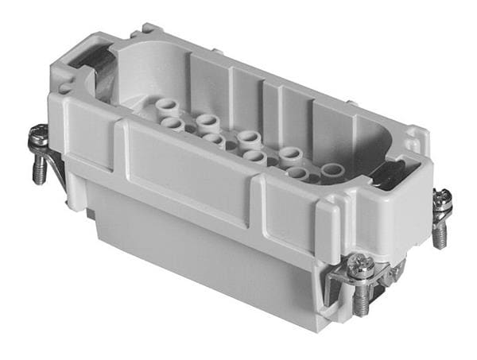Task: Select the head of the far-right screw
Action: [x=441, y=199]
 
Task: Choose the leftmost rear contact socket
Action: [x=166, y=106]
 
